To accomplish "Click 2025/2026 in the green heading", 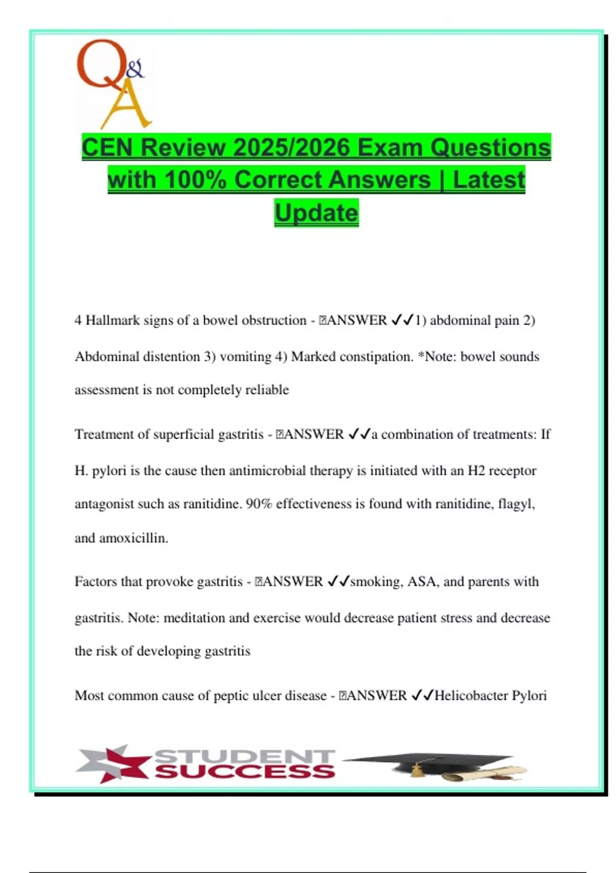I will coord(292,147).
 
